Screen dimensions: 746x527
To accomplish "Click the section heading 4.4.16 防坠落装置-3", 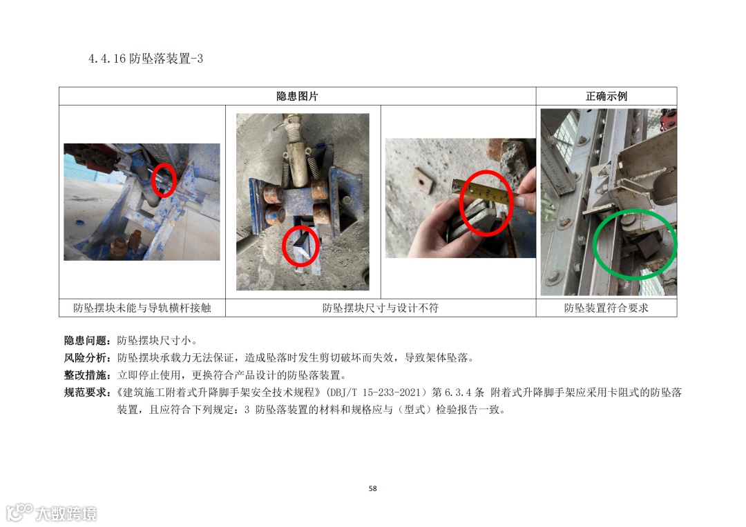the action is tap(146, 59).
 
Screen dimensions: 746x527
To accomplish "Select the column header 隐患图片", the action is tap(297, 96).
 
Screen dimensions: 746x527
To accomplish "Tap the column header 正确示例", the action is tap(606, 96).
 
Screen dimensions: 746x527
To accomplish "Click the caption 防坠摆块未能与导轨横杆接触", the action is tap(142, 308).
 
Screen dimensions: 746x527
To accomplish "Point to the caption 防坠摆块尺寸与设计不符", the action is tap(380, 308).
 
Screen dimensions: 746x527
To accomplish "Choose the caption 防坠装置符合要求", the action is tap(606, 308).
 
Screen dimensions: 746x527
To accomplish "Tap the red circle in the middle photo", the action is tap(283, 246).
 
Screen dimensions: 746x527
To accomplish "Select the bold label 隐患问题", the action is tap(88, 340).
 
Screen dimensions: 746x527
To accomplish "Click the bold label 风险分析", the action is tap(88, 357).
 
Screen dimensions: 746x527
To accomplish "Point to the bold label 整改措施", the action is tap(88, 375).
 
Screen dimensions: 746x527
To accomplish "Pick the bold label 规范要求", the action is tap(88, 392).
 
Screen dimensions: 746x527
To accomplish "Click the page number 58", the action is tap(372, 488).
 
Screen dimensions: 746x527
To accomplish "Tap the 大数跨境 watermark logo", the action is tap(51, 513).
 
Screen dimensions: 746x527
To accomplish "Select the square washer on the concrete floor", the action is tap(423, 180).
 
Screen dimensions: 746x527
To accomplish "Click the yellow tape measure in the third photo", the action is tap(481, 193).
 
